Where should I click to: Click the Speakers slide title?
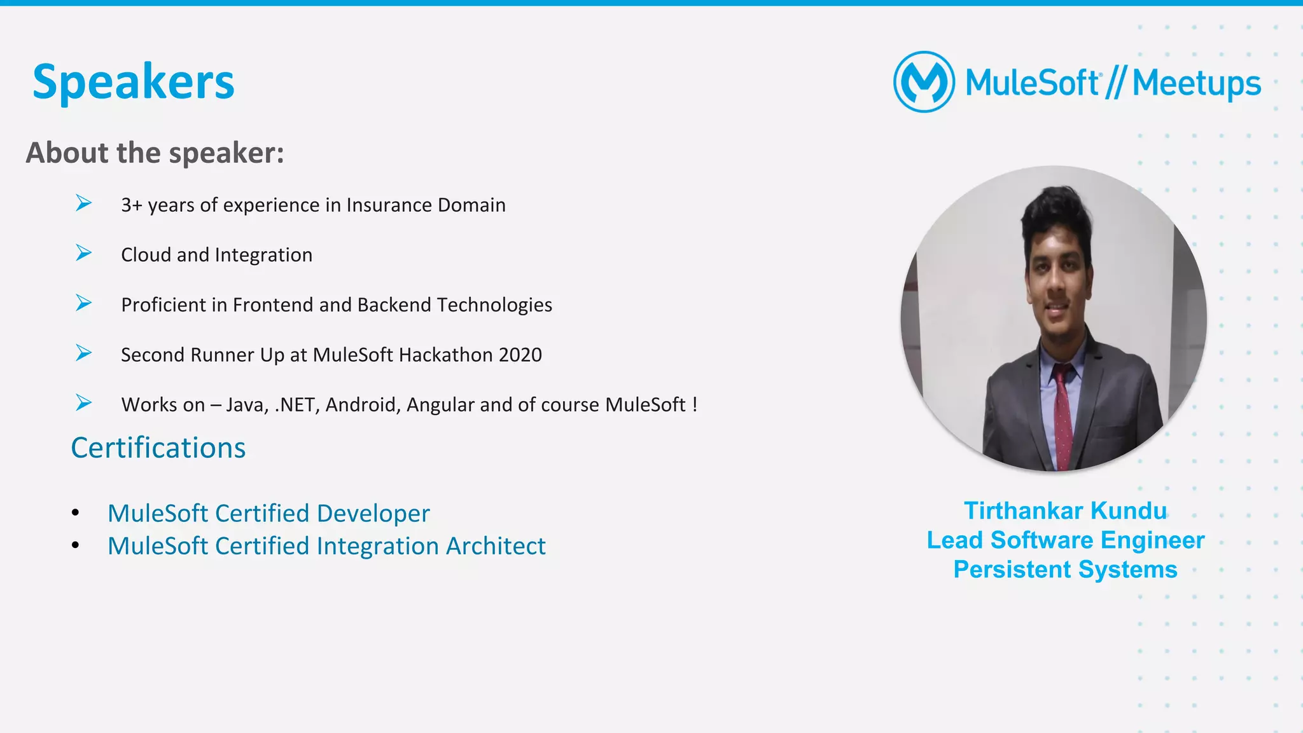(134, 83)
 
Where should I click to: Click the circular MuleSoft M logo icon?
(924, 82)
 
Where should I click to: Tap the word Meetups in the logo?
(1196, 83)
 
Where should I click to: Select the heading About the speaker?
(155, 153)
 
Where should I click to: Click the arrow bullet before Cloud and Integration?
(83, 253)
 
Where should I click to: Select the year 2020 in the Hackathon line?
(520, 355)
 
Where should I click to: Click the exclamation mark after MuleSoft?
(695, 404)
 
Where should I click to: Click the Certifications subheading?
(158, 448)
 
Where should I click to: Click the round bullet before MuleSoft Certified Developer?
(76, 512)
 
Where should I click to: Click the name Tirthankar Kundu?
(1065, 511)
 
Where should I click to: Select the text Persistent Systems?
(1065, 570)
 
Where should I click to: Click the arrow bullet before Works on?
(83, 402)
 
